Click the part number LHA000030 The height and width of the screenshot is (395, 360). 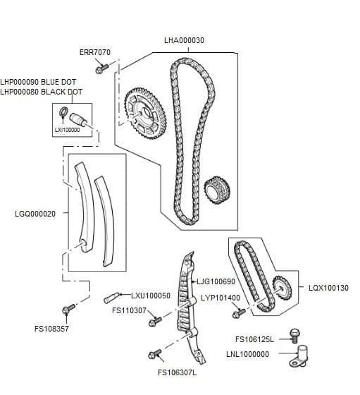click(184, 40)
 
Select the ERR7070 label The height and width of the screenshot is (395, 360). click(94, 52)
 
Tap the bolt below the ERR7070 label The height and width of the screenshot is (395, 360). click(103, 69)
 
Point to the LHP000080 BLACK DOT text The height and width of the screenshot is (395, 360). click(41, 92)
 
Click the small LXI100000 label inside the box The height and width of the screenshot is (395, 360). click(67, 130)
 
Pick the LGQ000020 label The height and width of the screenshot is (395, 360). click(35, 213)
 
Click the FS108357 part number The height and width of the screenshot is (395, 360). click(51, 329)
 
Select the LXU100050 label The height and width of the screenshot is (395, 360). click(151, 296)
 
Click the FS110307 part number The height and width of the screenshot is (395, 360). click(129, 310)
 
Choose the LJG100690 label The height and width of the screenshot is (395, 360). click(216, 281)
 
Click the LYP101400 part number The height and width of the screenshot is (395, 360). click(221, 298)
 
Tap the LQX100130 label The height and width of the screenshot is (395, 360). click(328, 288)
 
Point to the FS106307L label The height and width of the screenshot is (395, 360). click(177, 372)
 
